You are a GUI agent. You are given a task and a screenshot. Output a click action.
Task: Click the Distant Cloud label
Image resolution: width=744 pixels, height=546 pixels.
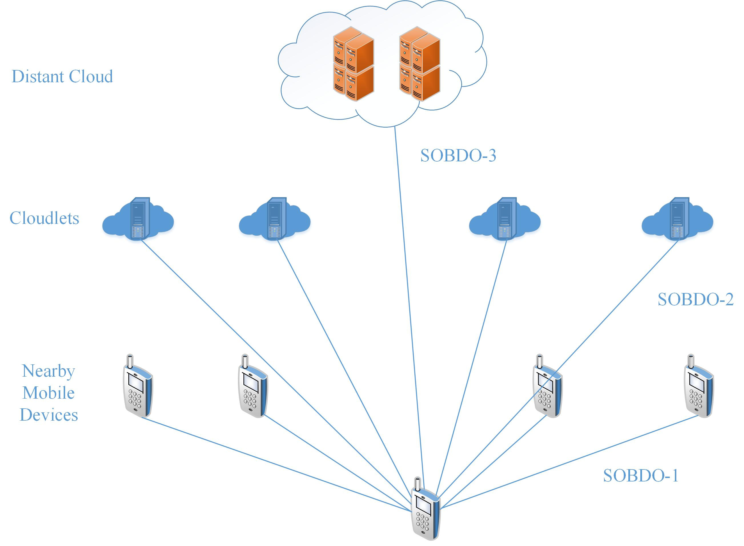coord(62,76)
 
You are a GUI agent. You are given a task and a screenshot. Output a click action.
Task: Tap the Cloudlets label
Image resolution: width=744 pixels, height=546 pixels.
coord(44,218)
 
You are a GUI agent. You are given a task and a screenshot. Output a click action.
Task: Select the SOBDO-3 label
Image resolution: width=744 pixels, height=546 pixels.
coord(458,156)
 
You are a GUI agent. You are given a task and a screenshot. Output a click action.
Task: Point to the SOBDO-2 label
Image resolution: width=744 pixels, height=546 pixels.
coord(695,300)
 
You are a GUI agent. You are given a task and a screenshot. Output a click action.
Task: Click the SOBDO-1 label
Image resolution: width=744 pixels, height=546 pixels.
coord(641,476)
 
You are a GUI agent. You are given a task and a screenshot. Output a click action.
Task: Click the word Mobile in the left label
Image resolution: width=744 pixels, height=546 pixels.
coord(49,393)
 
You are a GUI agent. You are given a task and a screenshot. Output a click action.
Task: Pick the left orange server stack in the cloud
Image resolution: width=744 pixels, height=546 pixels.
coord(353,63)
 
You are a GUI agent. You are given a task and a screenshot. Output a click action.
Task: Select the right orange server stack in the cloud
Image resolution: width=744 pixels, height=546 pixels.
coord(420,63)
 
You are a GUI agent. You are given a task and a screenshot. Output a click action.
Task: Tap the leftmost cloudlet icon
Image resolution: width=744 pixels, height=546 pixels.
coord(138,219)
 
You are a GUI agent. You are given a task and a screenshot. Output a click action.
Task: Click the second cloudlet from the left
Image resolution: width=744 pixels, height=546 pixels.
coord(275,219)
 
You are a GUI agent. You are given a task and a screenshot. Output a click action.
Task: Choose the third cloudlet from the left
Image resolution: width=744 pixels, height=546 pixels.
coord(505,219)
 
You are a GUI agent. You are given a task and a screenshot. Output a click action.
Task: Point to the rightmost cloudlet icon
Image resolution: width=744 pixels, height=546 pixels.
coord(677,219)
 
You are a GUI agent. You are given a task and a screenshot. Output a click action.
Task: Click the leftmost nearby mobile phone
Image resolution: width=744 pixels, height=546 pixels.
coord(138,387)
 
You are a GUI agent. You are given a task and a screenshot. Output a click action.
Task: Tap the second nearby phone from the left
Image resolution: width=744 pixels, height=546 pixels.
coord(253,387)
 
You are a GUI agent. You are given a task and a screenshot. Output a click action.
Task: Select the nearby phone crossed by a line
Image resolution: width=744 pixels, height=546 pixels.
coord(547,387)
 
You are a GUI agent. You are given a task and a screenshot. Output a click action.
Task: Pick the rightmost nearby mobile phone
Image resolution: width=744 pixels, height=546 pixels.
coord(698,387)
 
